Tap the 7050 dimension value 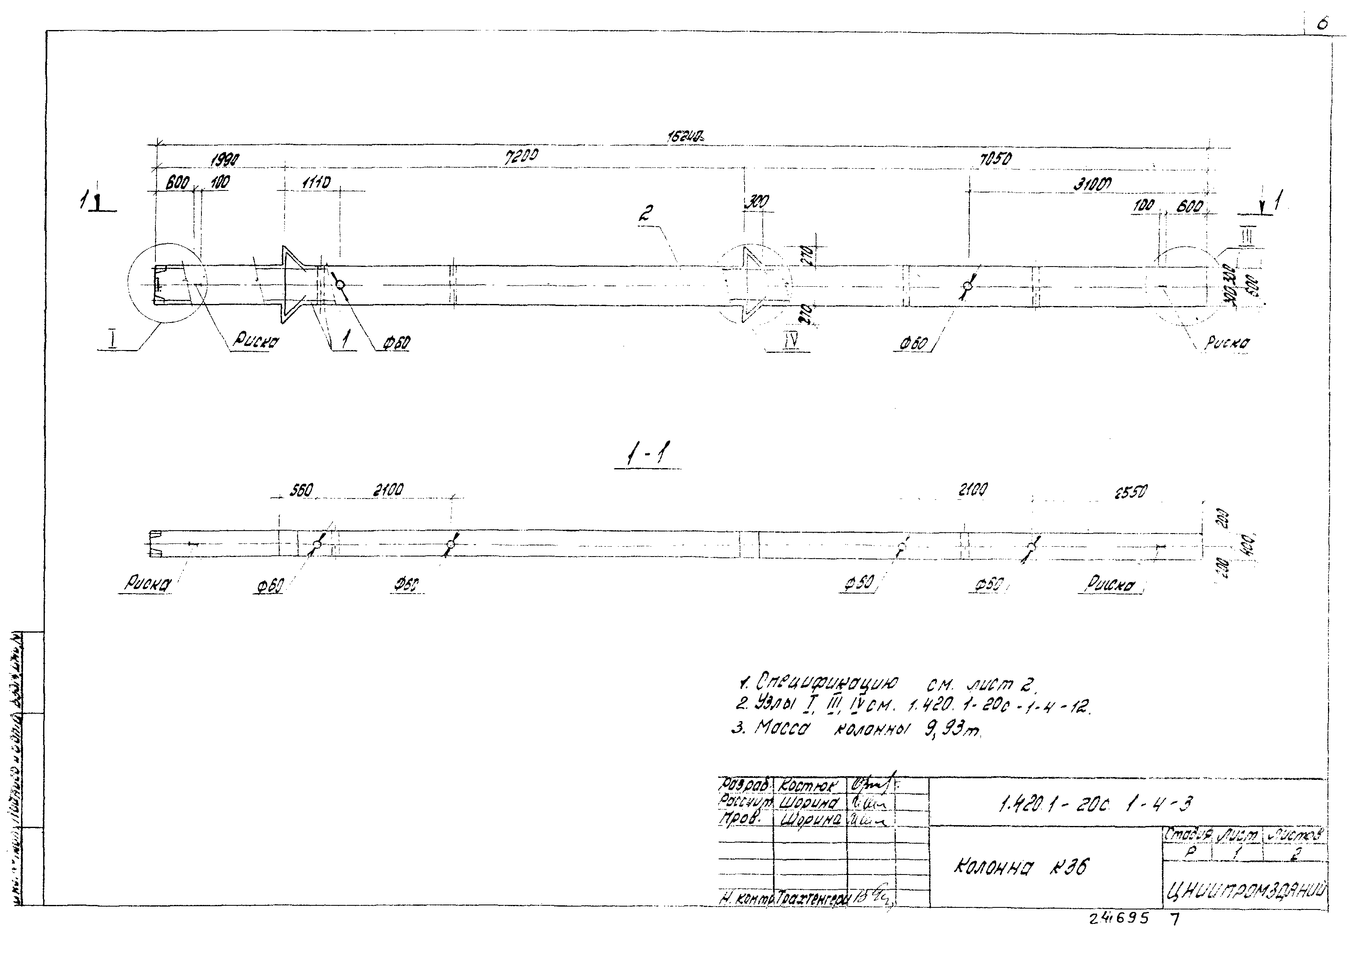click(x=995, y=159)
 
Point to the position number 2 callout click(x=645, y=213)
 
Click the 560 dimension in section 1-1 click(x=300, y=491)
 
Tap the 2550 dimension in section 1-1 click(x=1130, y=492)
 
